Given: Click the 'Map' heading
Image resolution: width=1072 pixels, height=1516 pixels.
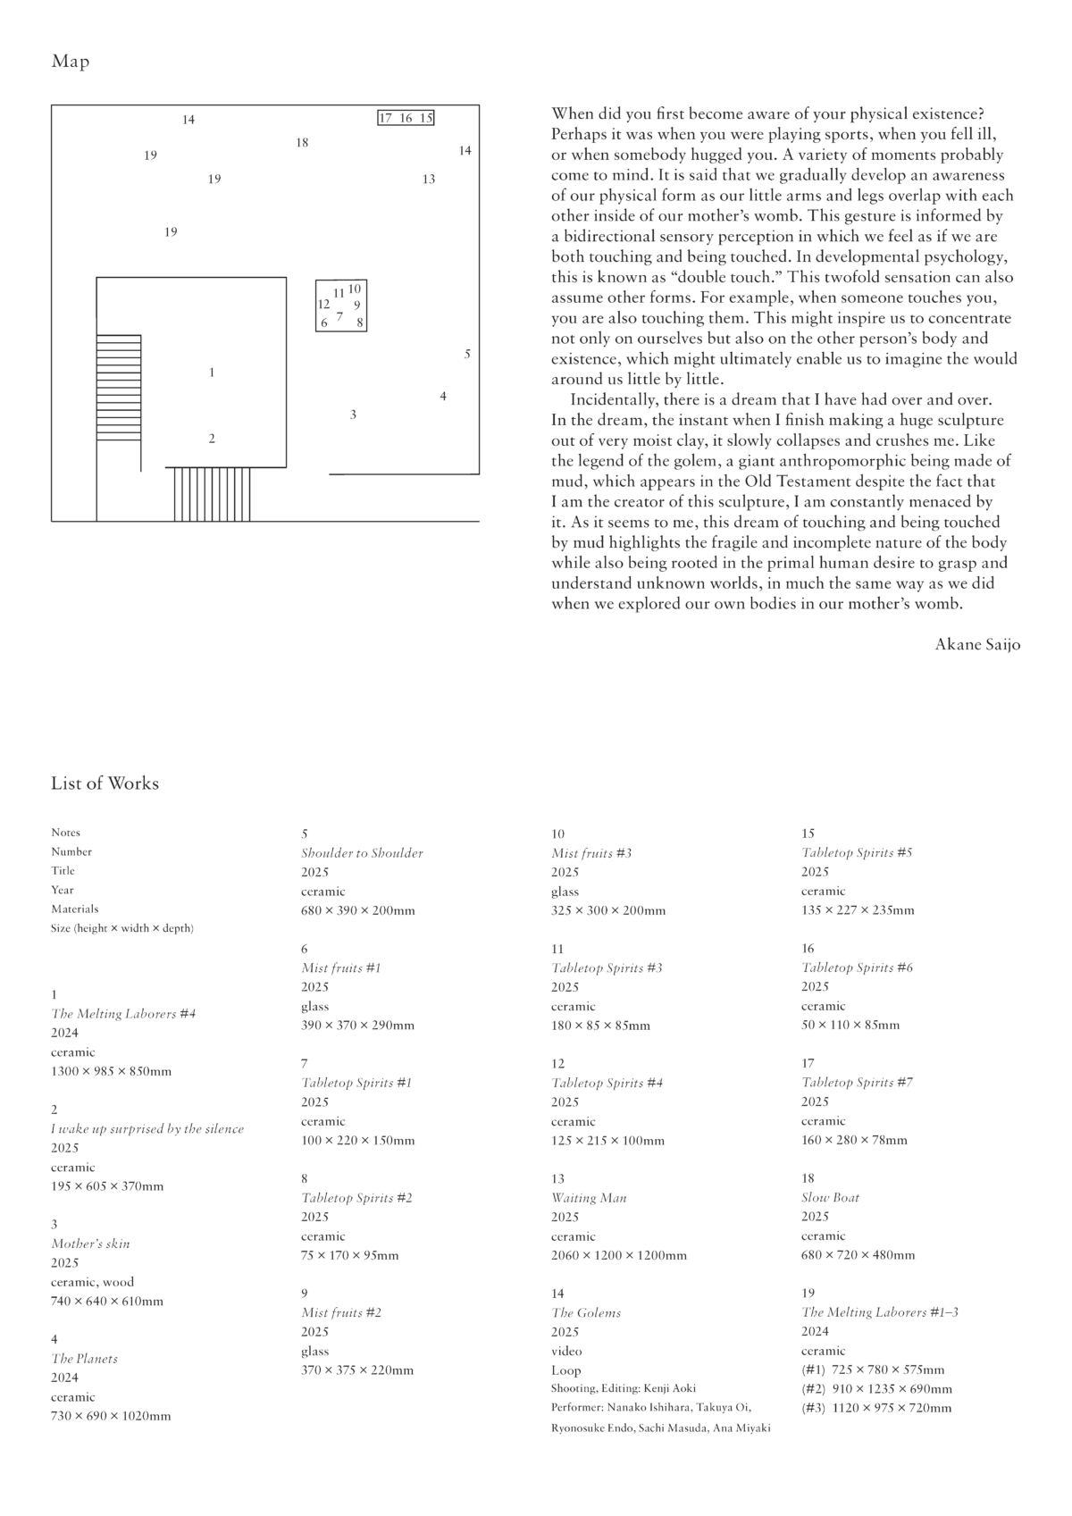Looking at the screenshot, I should pyautogui.click(x=71, y=62).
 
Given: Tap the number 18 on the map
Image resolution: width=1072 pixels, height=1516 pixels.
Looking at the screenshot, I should pyautogui.click(x=302, y=143).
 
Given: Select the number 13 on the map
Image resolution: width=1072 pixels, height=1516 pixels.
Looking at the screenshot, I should pyautogui.click(x=429, y=180).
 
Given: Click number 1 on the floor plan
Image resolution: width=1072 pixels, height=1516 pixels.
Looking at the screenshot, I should pyautogui.click(x=212, y=373).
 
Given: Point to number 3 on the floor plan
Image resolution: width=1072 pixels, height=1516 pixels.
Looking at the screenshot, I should pyautogui.click(x=353, y=415).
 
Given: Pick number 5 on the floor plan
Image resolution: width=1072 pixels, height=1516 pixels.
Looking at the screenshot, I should pyautogui.click(x=467, y=355).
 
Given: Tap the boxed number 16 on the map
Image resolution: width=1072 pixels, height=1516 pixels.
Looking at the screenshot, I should pyautogui.click(x=406, y=118).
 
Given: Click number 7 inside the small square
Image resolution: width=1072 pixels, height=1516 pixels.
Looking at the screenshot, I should pyautogui.click(x=339, y=315).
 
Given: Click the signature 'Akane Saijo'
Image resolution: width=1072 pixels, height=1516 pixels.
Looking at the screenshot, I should pyautogui.click(x=977, y=644).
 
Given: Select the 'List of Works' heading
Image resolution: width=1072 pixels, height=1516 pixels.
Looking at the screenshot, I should pyautogui.click(x=105, y=783).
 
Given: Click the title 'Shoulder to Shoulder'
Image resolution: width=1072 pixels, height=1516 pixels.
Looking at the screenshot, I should pyautogui.click(x=362, y=853).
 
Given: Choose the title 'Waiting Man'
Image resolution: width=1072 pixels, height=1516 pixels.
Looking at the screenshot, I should pyautogui.click(x=589, y=1198).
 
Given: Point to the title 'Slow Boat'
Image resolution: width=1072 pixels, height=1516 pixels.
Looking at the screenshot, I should pyautogui.click(x=830, y=1198).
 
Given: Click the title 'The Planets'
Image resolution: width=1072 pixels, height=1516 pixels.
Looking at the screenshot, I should pyautogui.click(x=84, y=1359).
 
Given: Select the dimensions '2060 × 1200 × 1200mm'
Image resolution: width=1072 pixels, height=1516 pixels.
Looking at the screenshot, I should pyautogui.click(x=619, y=1255).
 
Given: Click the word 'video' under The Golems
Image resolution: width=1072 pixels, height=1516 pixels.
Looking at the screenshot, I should pyautogui.click(x=566, y=1351).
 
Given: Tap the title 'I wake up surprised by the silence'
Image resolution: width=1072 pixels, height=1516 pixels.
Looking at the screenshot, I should pyautogui.click(x=147, y=1129).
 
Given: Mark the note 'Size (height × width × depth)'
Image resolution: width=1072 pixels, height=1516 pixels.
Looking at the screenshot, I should pyautogui.click(x=122, y=928).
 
